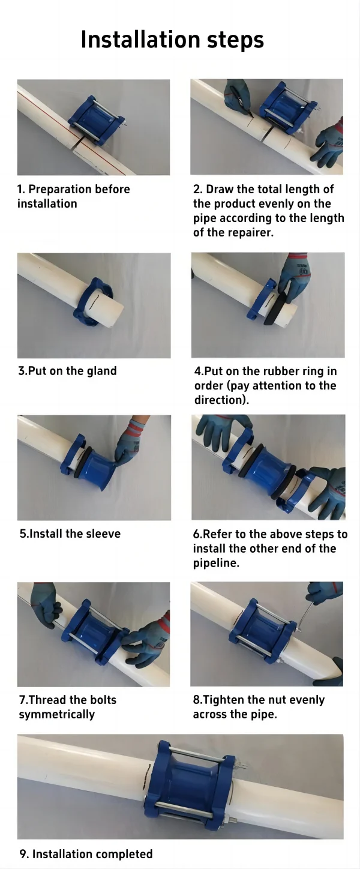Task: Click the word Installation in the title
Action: click(140, 39)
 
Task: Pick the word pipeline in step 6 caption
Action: click(215, 564)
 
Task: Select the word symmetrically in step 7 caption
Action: click(57, 715)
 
